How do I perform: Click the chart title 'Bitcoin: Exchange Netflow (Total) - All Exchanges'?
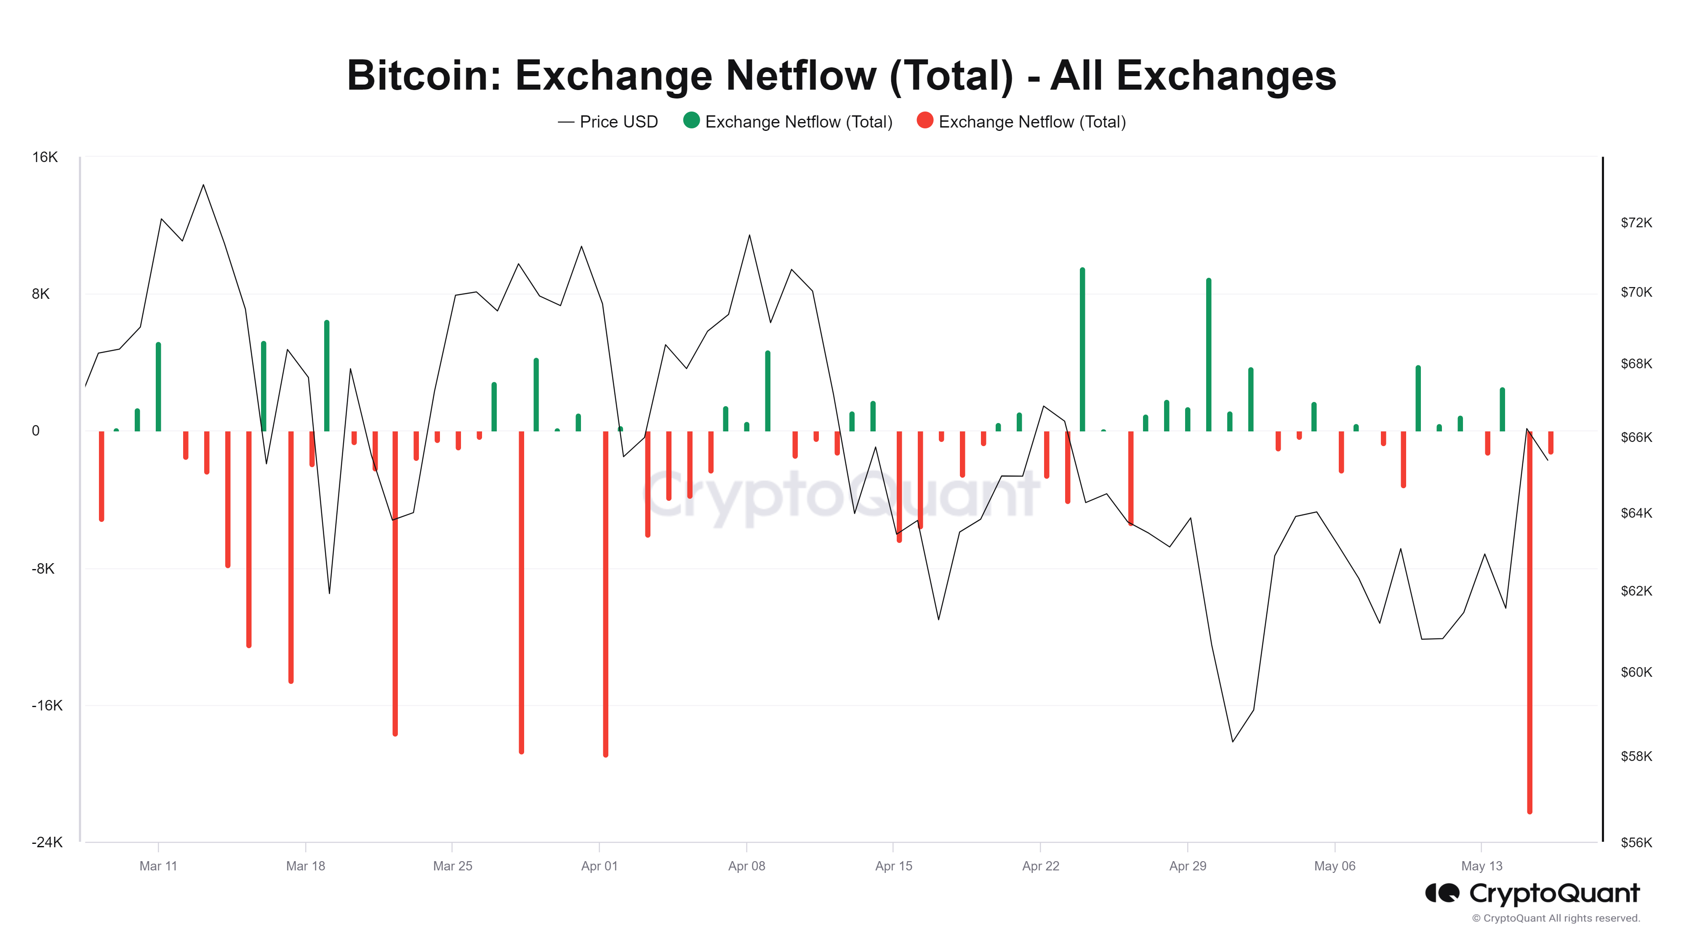pyautogui.click(x=841, y=75)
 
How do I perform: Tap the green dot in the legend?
pyautogui.click(x=691, y=121)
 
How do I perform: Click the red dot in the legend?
pyautogui.click(x=925, y=121)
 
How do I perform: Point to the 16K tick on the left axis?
pyautogui.click(x=45, y=157)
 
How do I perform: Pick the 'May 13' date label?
pyautogui.click(x=1481, y=866)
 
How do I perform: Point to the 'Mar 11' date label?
pyautogui.click(x=158, y=866)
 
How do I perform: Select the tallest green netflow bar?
pyautogui.click(x=1082, y=350)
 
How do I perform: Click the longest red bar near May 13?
pyautogui.click(x=1530, y=621)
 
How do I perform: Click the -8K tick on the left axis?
pyautogui.click(x=43, y=569)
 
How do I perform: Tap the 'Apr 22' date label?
pyautogui.click(x=1040, y=866)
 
